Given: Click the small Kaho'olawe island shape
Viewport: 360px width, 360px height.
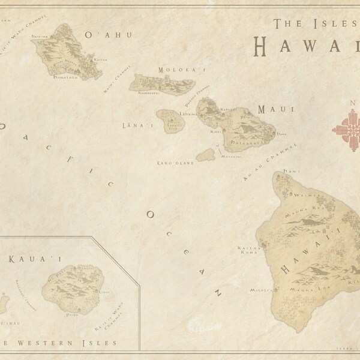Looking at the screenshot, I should point(206,155).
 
